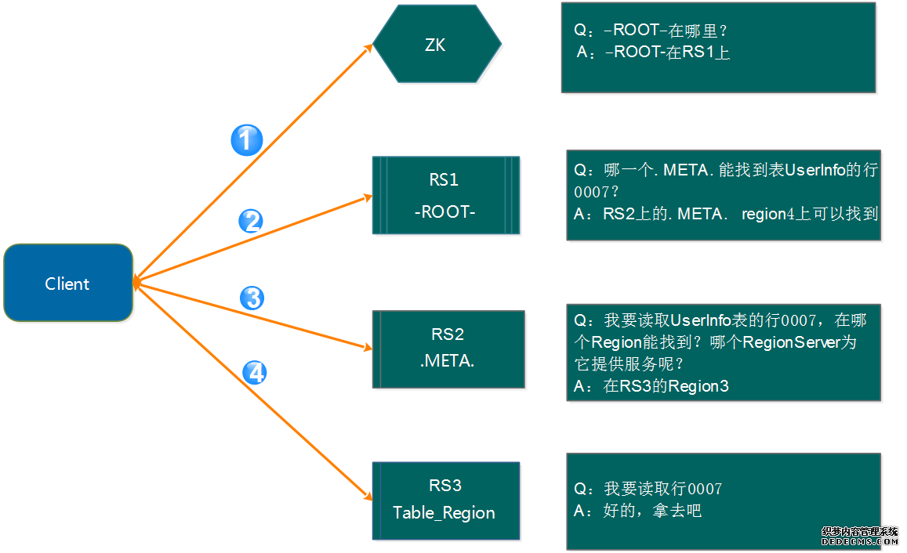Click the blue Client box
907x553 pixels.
67,283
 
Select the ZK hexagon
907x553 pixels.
436,45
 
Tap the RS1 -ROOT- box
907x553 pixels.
445,195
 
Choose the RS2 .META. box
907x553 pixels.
448,349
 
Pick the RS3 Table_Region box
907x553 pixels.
445,501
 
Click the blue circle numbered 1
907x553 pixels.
246,140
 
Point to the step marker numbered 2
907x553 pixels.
251,222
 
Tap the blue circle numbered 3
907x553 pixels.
252,298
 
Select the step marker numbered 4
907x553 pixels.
254,373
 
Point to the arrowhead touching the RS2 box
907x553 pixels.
367,347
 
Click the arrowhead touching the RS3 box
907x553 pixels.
367,495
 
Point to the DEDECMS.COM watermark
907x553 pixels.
860,540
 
